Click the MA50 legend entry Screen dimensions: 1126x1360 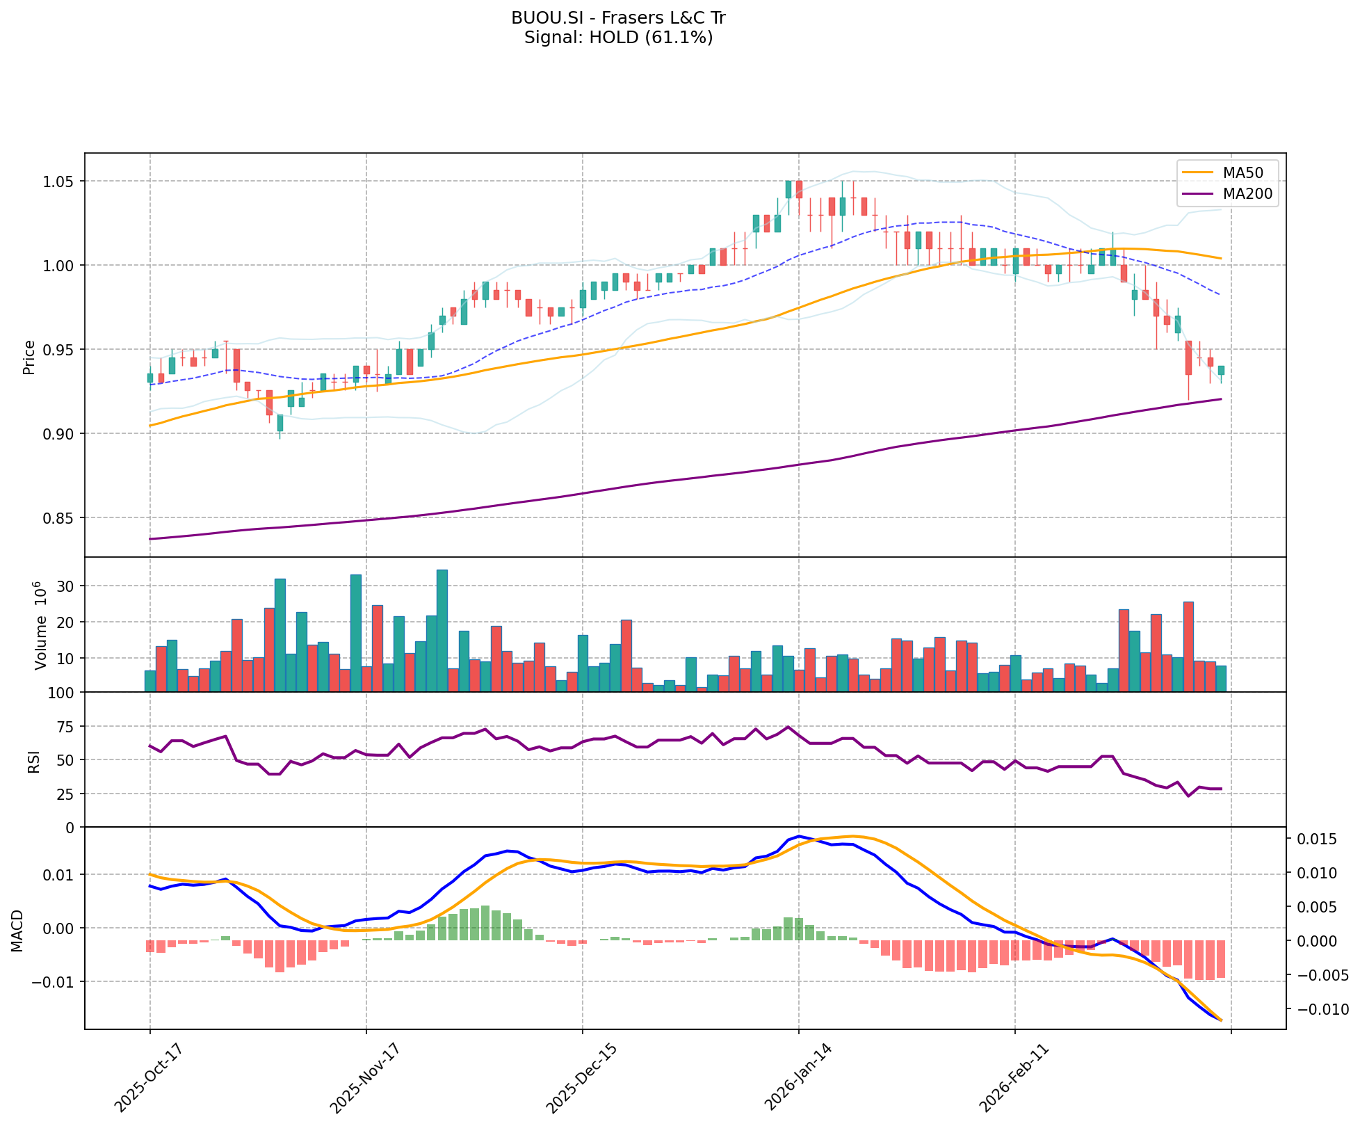[x=1243, y=172]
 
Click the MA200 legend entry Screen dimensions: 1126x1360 [x=1247, y=194]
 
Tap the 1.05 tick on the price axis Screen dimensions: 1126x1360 [x=59, y=182]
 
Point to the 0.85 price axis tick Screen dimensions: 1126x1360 [x=59, y=518]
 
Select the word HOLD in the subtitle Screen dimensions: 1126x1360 [x=613, y=38]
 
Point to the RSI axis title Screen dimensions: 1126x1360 [x=33, y=760]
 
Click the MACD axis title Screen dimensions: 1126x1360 [x=17, y=931]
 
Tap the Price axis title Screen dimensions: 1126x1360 [x=29, y=357]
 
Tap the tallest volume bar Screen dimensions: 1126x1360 [x=442, y=630]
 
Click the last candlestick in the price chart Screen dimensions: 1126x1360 [x=1221, y=371]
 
